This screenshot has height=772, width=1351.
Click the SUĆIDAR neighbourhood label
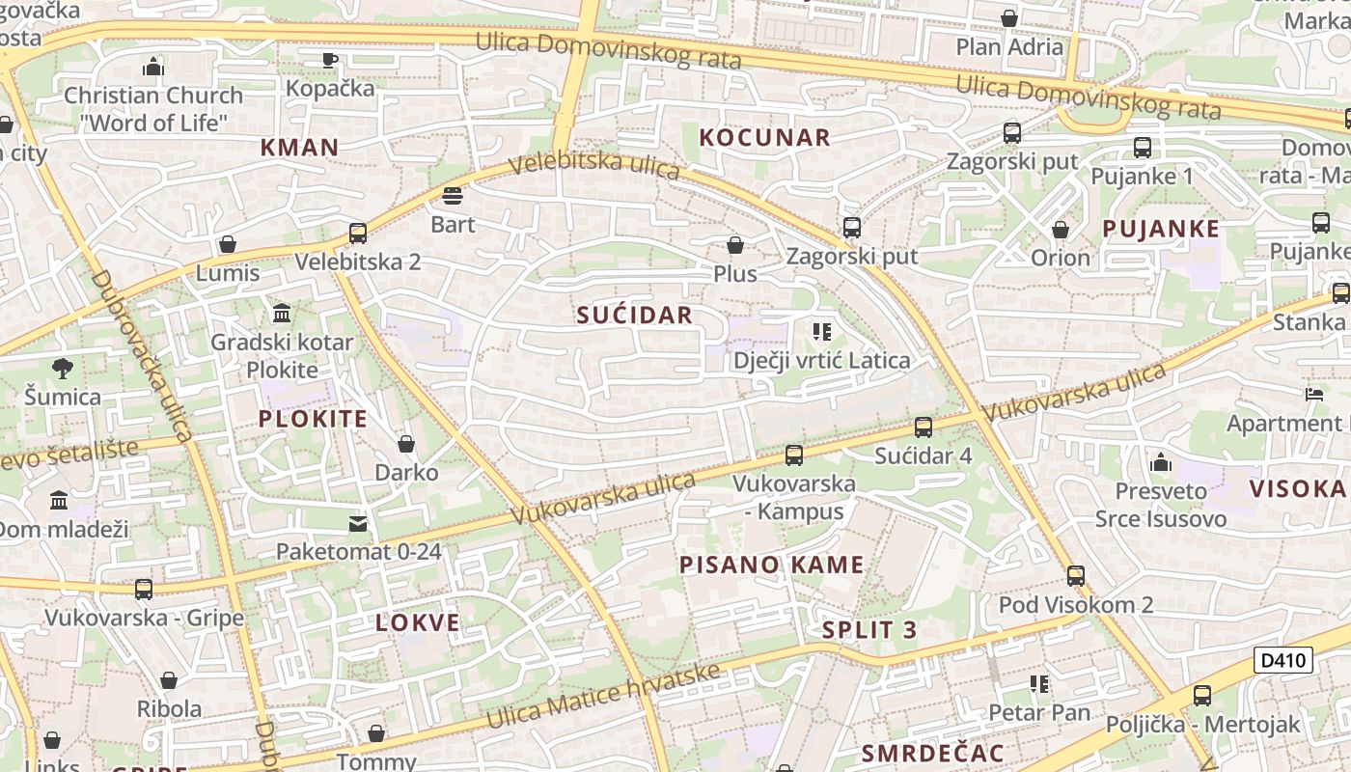[634, 315]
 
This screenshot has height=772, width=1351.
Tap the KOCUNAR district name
[764, 137]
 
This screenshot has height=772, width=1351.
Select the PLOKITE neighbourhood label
[313, 419]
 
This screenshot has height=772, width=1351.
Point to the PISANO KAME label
[772, 565]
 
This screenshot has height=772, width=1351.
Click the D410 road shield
[1283, 661]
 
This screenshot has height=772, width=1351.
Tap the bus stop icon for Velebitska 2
[358, 234]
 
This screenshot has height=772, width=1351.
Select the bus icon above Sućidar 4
[924, 427]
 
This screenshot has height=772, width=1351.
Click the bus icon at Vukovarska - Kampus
[794, 455]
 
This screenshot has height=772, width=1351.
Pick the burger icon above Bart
[453, 197]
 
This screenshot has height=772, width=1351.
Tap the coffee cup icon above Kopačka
[330, 60]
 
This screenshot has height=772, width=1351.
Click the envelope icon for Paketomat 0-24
[358, 524]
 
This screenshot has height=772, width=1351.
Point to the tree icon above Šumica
[63, 368]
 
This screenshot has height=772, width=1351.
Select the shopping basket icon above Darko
[406, 444]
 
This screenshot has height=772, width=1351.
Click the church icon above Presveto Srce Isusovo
[1161, 463]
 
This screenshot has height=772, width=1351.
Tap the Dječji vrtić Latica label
[821, 361]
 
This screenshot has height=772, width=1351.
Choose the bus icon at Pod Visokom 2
[1076, 576]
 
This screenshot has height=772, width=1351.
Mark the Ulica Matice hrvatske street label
[603, 697]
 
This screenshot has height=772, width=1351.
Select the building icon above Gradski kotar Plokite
[283, 314]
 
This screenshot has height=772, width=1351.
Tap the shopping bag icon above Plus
[735, 245]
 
